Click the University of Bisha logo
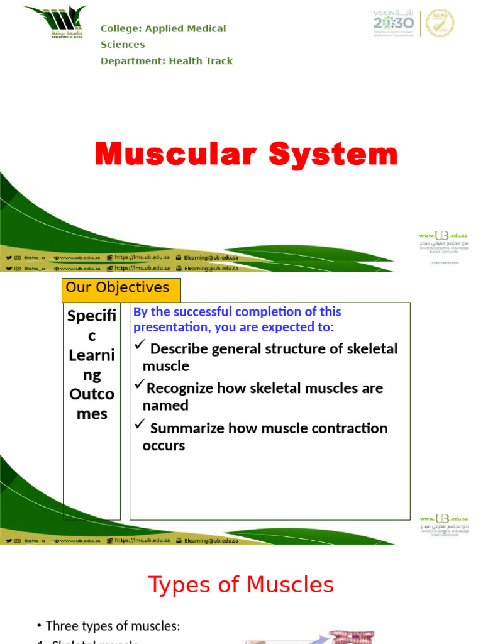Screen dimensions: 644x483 (55, 23)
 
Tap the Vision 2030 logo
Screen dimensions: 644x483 (394, 23)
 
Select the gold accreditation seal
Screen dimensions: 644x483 (440, 23)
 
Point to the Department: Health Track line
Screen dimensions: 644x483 (167, 61)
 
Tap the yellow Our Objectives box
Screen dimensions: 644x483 (121, 289)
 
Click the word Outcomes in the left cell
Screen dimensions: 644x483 (92, 404)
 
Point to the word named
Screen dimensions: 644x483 (165, 406)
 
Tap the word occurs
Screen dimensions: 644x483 (164, 445)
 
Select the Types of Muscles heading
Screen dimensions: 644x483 (241, 585)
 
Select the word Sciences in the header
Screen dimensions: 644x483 (123, 45)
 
